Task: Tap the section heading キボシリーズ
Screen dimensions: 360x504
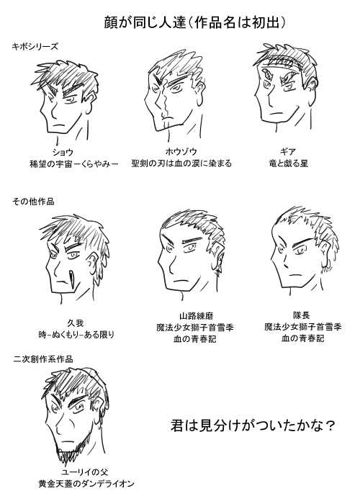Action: [35, 47]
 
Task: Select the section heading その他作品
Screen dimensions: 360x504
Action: [33, 202]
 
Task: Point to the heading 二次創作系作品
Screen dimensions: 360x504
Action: [43, 359]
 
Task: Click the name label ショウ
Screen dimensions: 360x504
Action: [63, 152]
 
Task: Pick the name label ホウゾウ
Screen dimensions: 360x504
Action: [181, 151]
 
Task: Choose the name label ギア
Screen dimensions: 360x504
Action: [288, 151]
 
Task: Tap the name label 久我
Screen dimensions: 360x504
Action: [76, 323]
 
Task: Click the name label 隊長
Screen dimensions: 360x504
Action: [301, 315]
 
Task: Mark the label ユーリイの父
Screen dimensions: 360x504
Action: [84, 472]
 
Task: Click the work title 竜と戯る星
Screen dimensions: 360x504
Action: [288, 163]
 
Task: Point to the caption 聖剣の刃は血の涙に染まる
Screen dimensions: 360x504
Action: [181, 163]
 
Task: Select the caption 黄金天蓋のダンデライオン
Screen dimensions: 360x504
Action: [86, 484]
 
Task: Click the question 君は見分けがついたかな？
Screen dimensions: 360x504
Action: [253, 426]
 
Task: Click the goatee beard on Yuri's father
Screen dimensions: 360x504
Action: [70, 451]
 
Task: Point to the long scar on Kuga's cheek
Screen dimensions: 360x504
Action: [71, 277]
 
